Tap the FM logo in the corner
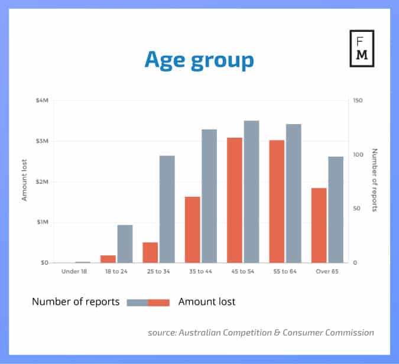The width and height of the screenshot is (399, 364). click(362, 48)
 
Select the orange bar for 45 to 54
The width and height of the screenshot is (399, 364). click(235, 200)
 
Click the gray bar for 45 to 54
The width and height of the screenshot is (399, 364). click(251, 191)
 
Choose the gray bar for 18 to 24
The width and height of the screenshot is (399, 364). click(125, 243)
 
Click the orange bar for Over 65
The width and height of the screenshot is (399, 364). click(319, 225)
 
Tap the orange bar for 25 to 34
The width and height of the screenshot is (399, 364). click(150, 252)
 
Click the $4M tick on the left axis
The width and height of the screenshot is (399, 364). click(41, 100)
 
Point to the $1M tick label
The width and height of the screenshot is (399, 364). click(41, 222)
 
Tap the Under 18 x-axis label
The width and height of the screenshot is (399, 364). click(74, 271)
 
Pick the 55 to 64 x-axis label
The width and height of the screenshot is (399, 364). click(285, 271)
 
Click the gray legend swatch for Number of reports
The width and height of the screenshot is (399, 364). click(137, 302)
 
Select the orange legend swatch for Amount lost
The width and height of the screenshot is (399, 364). click(159, 302)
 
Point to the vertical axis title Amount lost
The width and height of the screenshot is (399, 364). click(25, 181)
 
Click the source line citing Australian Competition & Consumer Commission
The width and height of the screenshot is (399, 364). click(261, 333)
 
